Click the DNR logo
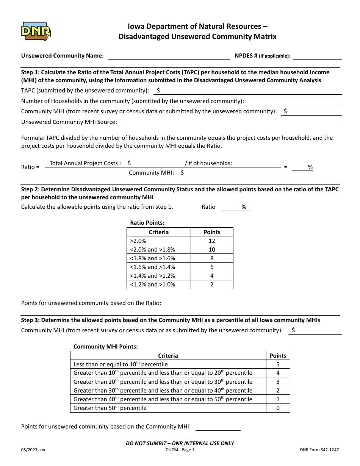coord(36,31)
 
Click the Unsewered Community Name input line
coord(169,56)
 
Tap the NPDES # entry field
coord(318,56)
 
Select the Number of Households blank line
coord(296,101)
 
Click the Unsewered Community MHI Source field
coord(233,122)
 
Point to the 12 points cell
coord(212,241)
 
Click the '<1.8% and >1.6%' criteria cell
coord(158,258)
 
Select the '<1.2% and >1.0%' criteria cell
coord(158,285)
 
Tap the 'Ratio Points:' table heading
coord(147,223)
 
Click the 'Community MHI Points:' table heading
coord(105,347)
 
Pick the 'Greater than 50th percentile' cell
coord(168,408)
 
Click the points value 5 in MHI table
coord(278,364)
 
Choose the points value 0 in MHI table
coord(278,408)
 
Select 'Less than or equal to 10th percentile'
coord(168,364)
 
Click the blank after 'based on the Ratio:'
coord(180,303)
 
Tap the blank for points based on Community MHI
coord(218,427)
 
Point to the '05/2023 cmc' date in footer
coord(34,450)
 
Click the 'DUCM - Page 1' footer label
coord(180,450)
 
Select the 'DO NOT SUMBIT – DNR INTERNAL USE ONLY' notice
coord(180,443)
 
